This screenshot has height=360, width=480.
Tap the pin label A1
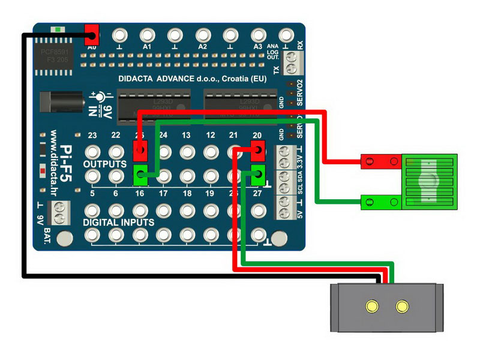(146, 46)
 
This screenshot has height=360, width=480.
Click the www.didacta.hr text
(52, 162)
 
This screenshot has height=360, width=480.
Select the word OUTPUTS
(104, 163)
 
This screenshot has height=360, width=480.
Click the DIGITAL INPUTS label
(118, 223)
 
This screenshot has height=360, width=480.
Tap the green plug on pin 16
(140, 175)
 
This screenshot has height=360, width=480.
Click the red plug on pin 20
(257, 149)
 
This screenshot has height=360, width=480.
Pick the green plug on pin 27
(258, 175)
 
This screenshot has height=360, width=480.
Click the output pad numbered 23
(92, 151)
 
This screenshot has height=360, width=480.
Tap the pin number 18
(187, 194)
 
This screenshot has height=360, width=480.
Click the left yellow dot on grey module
(373, 307)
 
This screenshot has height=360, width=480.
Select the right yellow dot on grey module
(401, 307)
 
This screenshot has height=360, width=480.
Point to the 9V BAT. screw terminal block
(59, 211)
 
